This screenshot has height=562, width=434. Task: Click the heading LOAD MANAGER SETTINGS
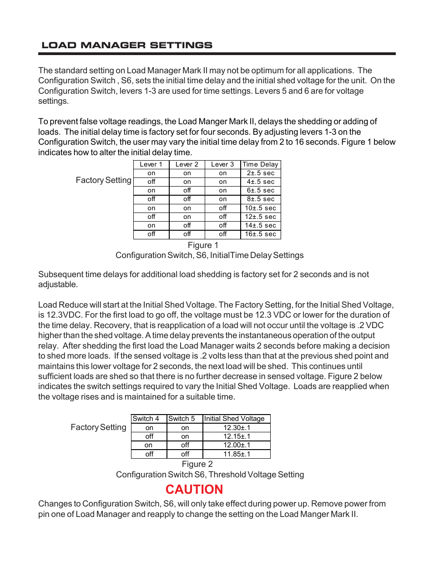(127, 45)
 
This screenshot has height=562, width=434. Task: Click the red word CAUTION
(194, 489)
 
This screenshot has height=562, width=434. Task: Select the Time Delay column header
(260, 164)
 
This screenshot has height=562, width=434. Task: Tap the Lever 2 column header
(187, 164)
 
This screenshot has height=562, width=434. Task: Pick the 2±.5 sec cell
(261, 173)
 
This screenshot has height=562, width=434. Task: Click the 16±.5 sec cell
(261, 234)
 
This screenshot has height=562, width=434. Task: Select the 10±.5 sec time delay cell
(261, 208)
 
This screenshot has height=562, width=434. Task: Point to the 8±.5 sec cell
(261, 199)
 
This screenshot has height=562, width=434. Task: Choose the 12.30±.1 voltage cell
(237, 428)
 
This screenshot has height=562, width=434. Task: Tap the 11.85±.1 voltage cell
(237, 454)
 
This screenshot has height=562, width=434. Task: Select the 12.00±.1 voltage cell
(237, 445)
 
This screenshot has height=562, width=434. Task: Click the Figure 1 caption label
(203, 245)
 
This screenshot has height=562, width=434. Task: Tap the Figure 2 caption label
(197, 464)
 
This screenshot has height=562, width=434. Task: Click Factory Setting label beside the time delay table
(103, 180)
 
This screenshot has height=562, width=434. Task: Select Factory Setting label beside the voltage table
(98, 427)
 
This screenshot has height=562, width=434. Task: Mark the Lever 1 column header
(151, 164)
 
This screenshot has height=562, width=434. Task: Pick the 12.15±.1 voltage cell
(237, 436)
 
